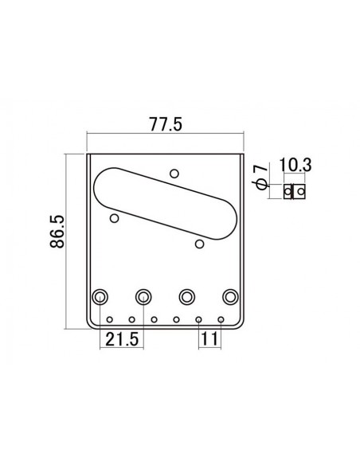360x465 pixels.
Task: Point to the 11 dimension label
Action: click(x=208, y=339)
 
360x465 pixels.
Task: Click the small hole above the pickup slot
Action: click(x=174, y=172)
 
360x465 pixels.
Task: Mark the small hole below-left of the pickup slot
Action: click(x=115, y=216)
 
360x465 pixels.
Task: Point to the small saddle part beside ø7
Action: click(x=295, y=191)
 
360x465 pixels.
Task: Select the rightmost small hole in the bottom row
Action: click(x=221, y=320)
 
